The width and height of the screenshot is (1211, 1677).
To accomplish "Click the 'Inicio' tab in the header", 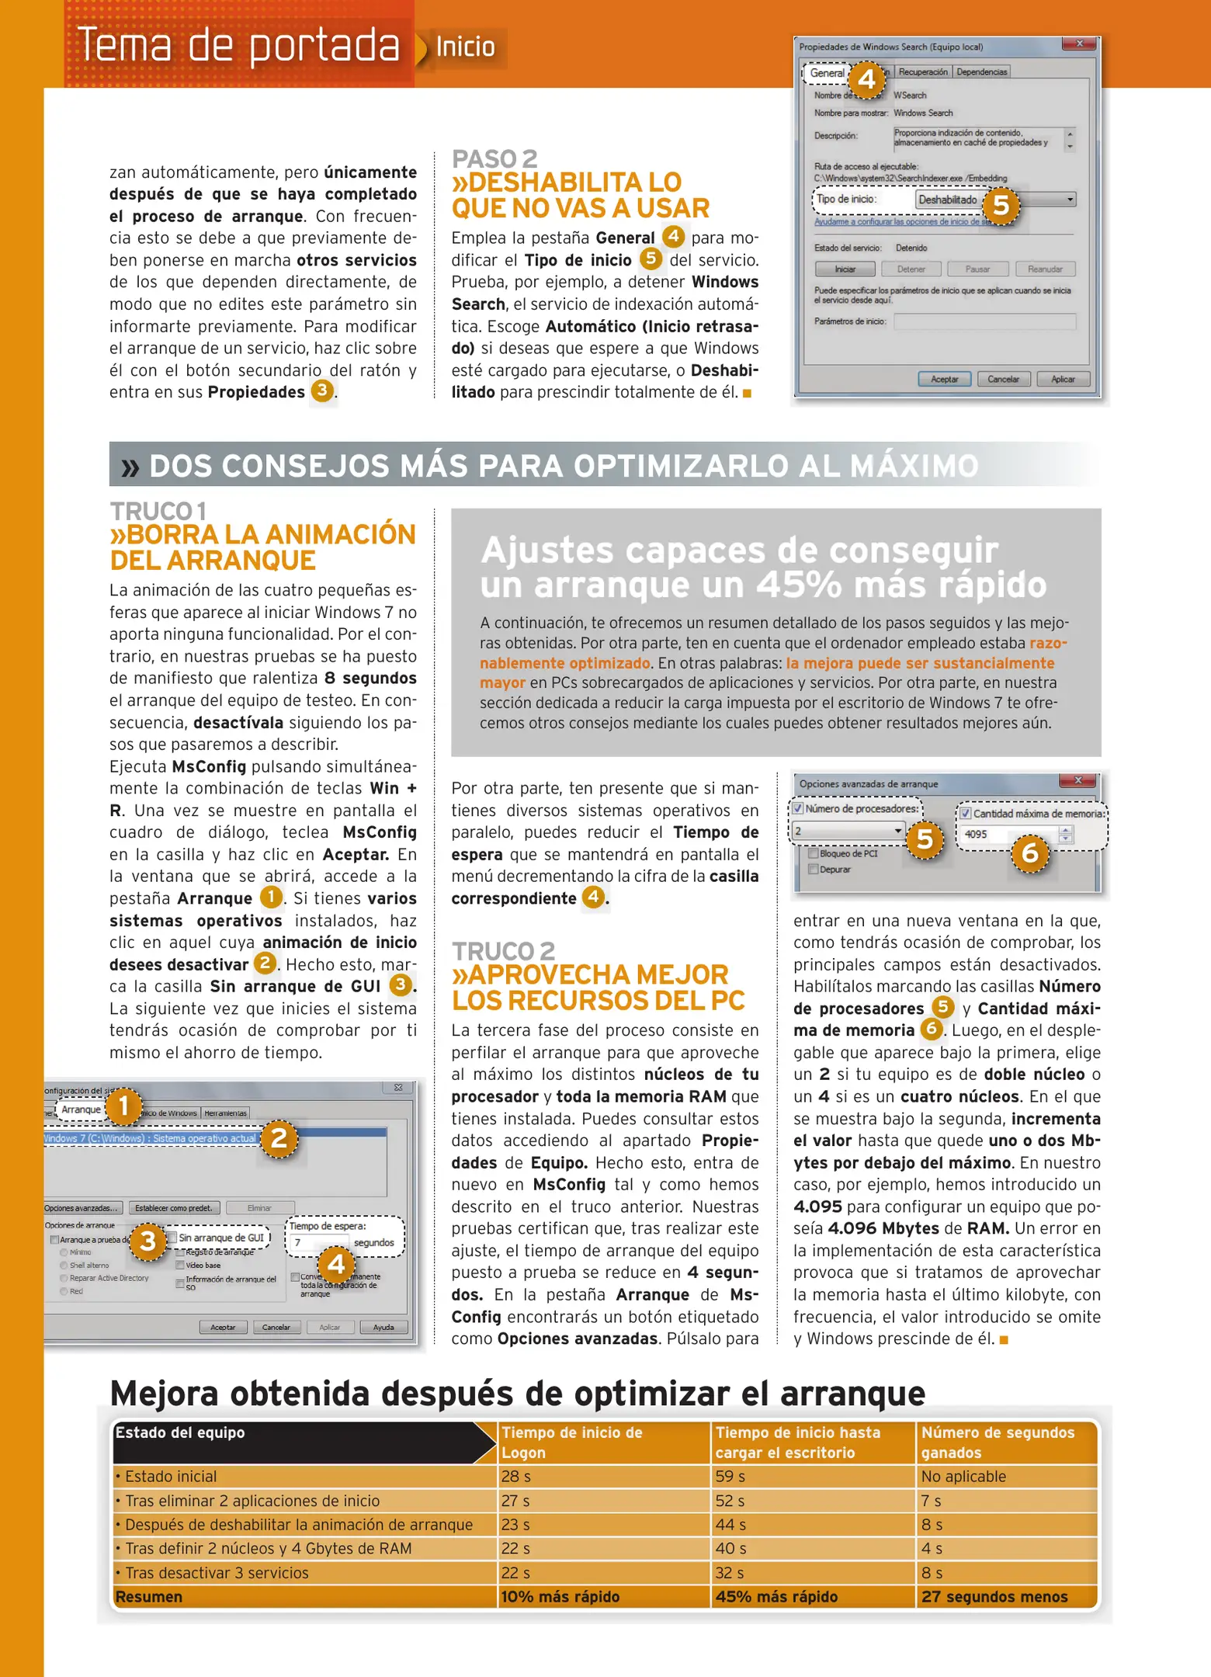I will tap(465, 47).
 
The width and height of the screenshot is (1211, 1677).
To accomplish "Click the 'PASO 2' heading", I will tap(494, 159).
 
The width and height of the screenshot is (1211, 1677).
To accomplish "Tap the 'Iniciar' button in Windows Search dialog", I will tap(845, 269).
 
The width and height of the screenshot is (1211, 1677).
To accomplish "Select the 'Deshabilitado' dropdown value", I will tap(948, 200).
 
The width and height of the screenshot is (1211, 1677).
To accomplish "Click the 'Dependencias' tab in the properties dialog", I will tap(981, 72).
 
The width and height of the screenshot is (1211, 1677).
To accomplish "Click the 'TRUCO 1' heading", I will tap(158, 512).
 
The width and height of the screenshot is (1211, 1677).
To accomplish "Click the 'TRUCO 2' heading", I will tap(503, 951).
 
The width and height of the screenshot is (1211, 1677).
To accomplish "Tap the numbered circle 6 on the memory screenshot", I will tap(1030, 853).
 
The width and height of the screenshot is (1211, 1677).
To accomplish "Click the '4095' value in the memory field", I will tap(976, 835).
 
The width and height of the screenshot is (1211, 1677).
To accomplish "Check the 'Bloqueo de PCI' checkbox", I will tap(814, 853).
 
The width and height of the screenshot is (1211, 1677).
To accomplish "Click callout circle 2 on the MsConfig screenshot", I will tap(279, 1138).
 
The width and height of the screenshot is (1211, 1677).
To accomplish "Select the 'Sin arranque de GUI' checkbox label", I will tap(220, 1238).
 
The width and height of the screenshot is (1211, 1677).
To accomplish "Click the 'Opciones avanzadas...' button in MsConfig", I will tap(82, 1208).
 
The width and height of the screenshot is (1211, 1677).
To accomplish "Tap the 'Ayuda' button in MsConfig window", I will tap(383, 1327).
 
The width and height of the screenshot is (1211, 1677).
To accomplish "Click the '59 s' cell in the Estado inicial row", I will tap(730, 1477).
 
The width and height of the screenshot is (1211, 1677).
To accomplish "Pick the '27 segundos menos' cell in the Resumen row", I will tap(994, 1596).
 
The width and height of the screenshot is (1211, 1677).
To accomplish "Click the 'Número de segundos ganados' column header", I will tap(998, 1443).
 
